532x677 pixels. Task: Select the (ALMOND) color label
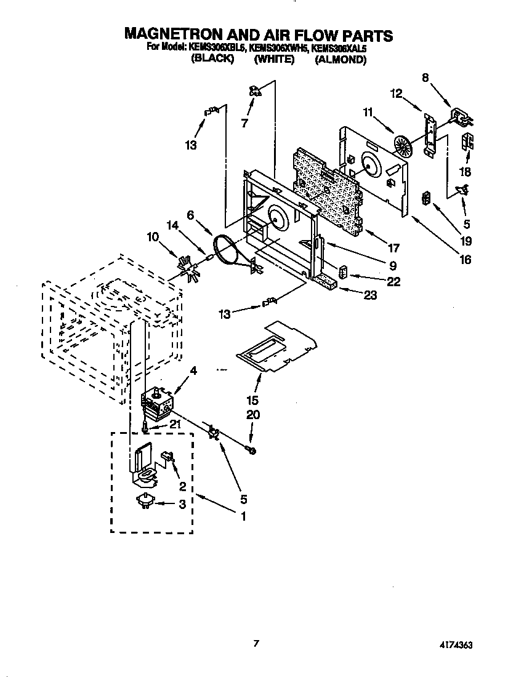(341, 60)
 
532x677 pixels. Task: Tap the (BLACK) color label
(212, 60)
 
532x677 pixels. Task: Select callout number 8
(425, 78)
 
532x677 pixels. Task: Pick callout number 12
(396, 94)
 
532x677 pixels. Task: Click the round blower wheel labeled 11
(403, 147)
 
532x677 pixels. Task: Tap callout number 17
(393, 249)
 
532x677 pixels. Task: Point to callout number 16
(465, 259)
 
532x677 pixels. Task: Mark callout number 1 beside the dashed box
(243, 516)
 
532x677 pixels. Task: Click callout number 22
(393, 281)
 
